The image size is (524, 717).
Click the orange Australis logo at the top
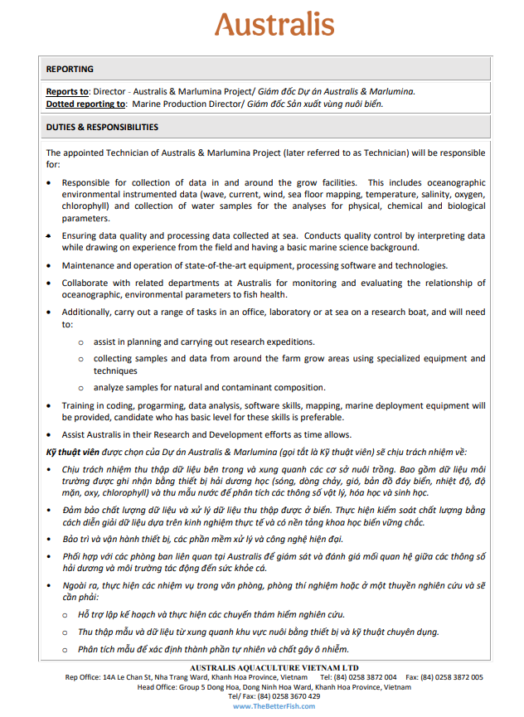click(274, 25)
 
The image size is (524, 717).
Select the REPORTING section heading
click(70, 70)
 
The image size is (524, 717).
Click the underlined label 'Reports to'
click(67, 92)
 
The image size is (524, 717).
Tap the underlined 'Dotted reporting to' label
click(86, 104)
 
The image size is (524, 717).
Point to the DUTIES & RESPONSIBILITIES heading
click(102, 128)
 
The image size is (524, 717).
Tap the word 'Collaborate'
click(87, 283)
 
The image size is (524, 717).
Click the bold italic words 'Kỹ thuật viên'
click(72, 452)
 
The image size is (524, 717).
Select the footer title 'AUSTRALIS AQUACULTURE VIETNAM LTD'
click(261, 667)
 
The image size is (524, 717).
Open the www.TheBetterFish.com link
click(262, 706)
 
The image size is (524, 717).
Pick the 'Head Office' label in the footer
click(158, 687)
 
